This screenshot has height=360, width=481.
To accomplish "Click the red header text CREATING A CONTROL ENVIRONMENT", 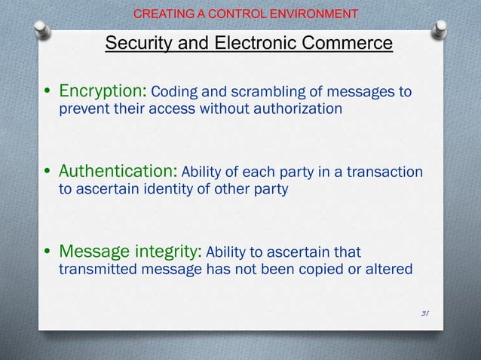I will [x=245, y=14].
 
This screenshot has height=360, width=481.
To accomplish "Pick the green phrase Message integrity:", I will [x=130, y=251].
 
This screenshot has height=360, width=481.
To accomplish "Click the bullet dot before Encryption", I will [x=48, y=93].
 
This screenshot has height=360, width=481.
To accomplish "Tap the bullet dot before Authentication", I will [x=48, y=173].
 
